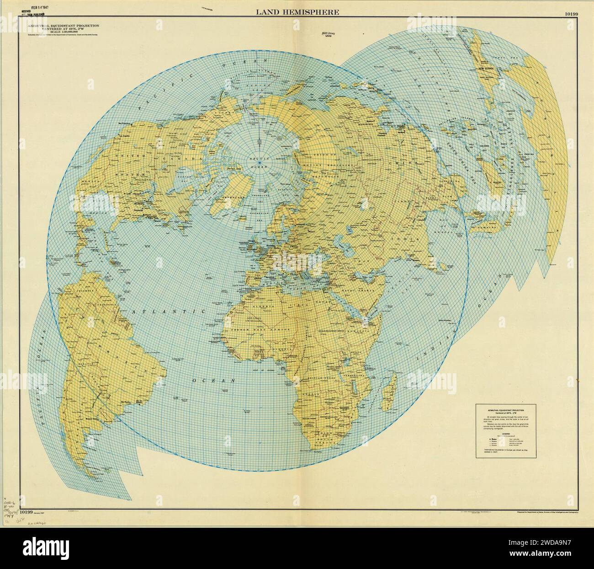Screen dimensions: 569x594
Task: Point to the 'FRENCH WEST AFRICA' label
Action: [x=270, y=330]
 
